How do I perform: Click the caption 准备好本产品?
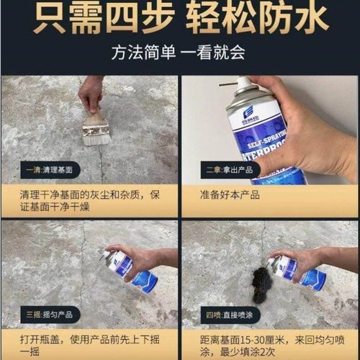point(230,194)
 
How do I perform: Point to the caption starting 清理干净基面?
point(89,201)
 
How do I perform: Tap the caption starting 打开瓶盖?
point(89,344)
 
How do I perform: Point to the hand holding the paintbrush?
point(91,92)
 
